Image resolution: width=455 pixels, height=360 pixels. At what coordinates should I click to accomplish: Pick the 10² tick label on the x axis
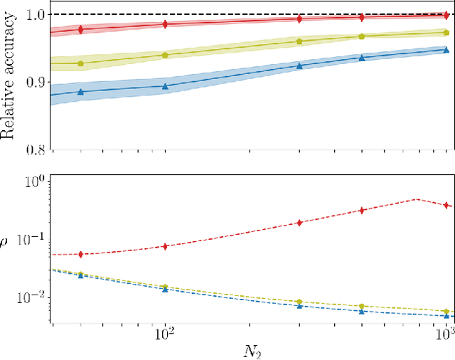[165, 332]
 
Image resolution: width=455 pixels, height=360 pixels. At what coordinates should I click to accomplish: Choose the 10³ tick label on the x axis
[446, 332]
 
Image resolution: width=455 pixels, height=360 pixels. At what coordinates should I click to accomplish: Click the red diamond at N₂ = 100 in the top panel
[165, 24]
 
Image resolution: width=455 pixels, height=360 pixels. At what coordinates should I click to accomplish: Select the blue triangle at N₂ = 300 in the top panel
[299, 65]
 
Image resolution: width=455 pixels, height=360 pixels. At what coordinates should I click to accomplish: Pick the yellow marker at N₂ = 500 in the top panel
[362, 36]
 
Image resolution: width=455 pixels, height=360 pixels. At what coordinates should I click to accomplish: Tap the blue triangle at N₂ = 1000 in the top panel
[446, 50]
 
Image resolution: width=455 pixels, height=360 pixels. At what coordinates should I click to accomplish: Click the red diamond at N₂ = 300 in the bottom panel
[299, 223]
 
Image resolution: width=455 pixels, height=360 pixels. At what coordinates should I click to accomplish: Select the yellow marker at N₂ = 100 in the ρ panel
[165, 287]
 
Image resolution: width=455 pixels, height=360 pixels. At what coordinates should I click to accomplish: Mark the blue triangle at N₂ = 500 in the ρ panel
[362, 311]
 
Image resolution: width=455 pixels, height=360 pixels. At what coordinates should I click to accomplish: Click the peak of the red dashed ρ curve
[417, 199]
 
